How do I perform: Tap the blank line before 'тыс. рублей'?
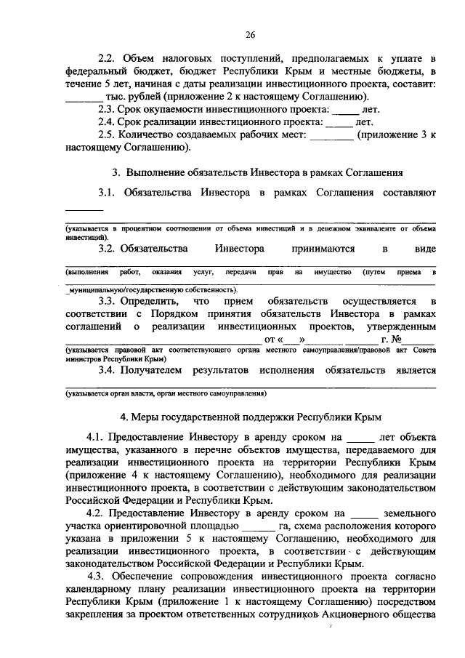coord(81,98)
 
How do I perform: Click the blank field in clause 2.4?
coord(338,123)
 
